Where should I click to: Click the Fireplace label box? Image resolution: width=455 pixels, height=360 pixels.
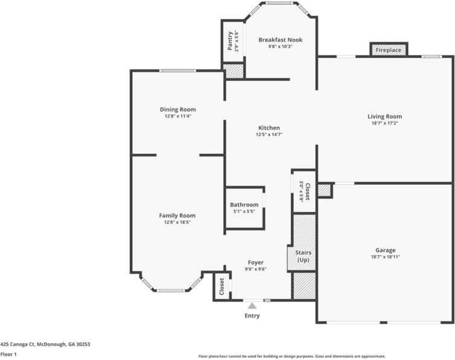[389, 50]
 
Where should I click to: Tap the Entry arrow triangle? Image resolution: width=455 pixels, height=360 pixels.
[252, 306]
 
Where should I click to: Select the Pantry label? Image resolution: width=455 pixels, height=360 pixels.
[230, 41]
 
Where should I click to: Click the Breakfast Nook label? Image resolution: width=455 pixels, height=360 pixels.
[281, 40]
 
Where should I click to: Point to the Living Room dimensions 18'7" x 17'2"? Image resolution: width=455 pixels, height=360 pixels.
[385, 123]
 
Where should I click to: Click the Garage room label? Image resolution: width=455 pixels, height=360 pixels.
[386, 250]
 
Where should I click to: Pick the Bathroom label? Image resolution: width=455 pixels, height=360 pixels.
[244, 205]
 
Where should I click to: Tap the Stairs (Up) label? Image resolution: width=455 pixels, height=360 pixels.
[304, 256]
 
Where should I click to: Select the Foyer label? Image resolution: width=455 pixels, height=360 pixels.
[256, 263]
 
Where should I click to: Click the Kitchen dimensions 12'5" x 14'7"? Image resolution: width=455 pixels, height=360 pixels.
[269, 134]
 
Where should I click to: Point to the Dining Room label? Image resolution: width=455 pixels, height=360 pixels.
[178, 109]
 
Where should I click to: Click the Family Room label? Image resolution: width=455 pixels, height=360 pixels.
[177, 216]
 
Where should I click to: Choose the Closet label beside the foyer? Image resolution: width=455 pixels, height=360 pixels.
[222, 286]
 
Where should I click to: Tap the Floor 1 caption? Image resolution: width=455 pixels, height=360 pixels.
[8, 354]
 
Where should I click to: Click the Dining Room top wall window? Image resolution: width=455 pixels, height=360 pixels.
[177, 71]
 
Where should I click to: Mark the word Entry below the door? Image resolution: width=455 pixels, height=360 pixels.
[252, 316]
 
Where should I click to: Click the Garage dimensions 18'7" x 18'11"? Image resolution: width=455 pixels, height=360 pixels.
[386, 257]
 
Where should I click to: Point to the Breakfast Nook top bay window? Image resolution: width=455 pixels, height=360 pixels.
[280, 3]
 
